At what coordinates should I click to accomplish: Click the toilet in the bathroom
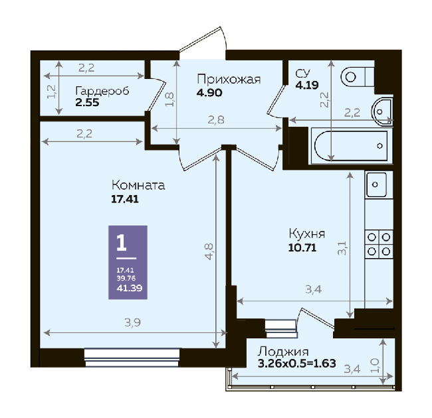point(358,77)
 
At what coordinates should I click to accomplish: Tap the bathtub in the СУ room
point(352,146)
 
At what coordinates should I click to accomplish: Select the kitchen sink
point(376,184)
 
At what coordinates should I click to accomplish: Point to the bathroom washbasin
point(382,111)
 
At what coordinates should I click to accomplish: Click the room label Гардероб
point(102,91)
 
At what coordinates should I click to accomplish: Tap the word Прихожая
point(229,79)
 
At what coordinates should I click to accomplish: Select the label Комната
point(138,185)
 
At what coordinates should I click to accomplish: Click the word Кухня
point(307,234)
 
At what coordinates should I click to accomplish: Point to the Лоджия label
point(283,352)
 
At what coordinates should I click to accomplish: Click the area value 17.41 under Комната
point(125,199)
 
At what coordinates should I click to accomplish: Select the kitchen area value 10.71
point(302,247)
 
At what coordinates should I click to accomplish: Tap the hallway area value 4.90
point(209,93)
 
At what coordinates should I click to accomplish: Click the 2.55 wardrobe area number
point(87,103)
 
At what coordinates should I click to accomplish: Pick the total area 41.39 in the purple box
point(130,288)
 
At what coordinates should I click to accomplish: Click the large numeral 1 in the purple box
point(122,242)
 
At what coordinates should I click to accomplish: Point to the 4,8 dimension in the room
point(209,251)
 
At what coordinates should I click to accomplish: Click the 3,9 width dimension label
point(133,322)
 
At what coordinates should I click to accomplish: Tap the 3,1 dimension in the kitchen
point(342,248)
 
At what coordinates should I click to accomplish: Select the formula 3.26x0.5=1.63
point(297,364)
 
